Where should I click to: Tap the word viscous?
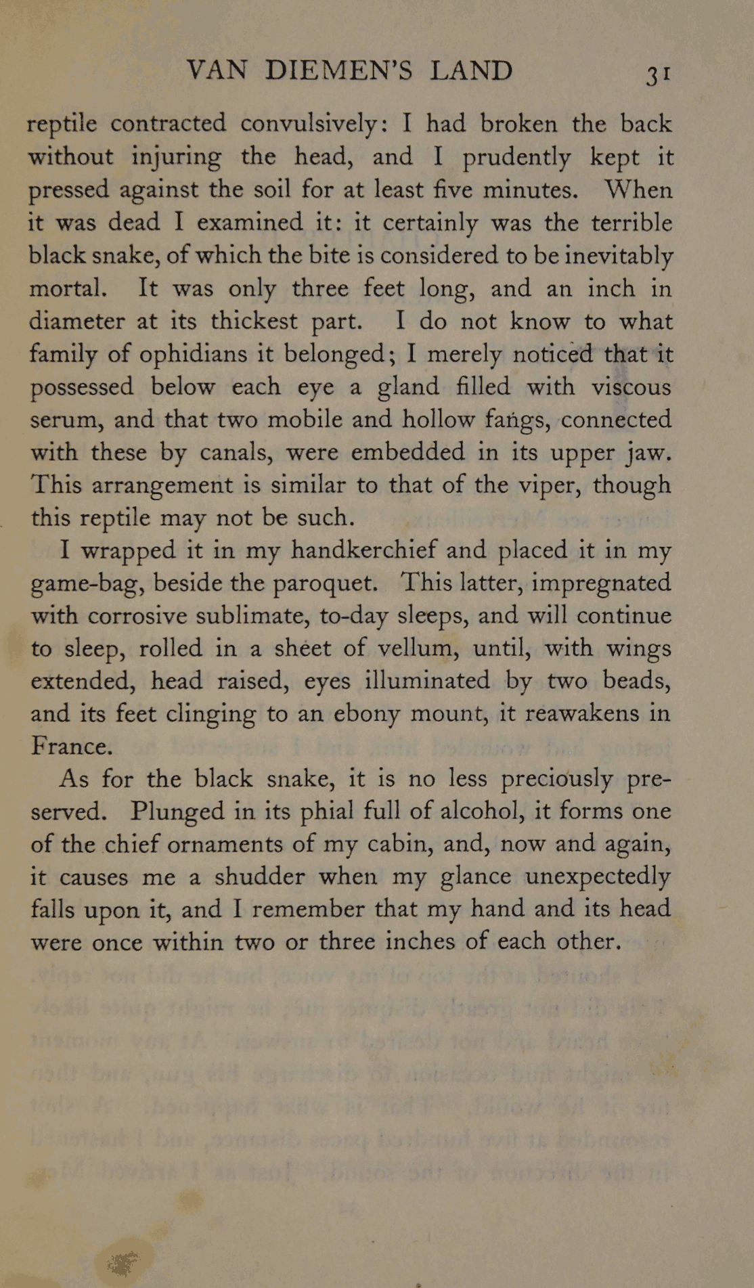(631, 387)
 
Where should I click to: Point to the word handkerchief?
(363, 550)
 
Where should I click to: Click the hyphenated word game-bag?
(87, 583)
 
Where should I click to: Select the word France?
(71, 746)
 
